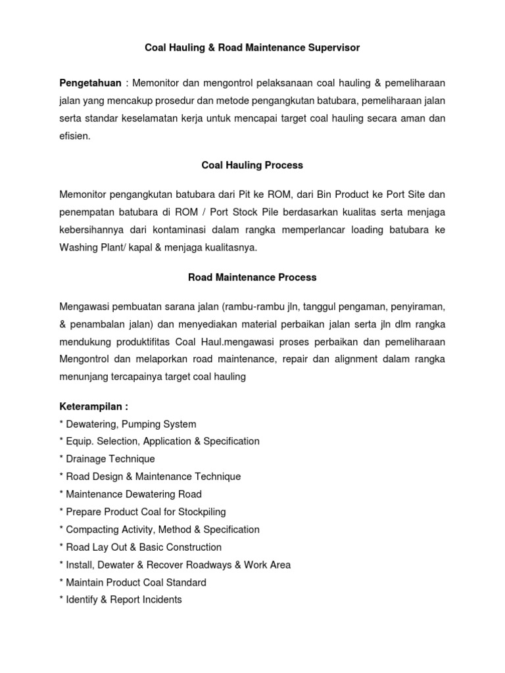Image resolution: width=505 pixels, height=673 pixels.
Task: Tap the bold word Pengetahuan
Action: (90, 83)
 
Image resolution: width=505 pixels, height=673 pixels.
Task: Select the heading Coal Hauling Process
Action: (252, 166)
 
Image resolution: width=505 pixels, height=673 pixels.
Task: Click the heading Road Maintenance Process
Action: (252, 277)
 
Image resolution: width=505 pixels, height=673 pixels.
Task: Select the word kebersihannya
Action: (93, 230)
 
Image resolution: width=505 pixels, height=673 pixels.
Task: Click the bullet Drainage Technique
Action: (110, 459)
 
